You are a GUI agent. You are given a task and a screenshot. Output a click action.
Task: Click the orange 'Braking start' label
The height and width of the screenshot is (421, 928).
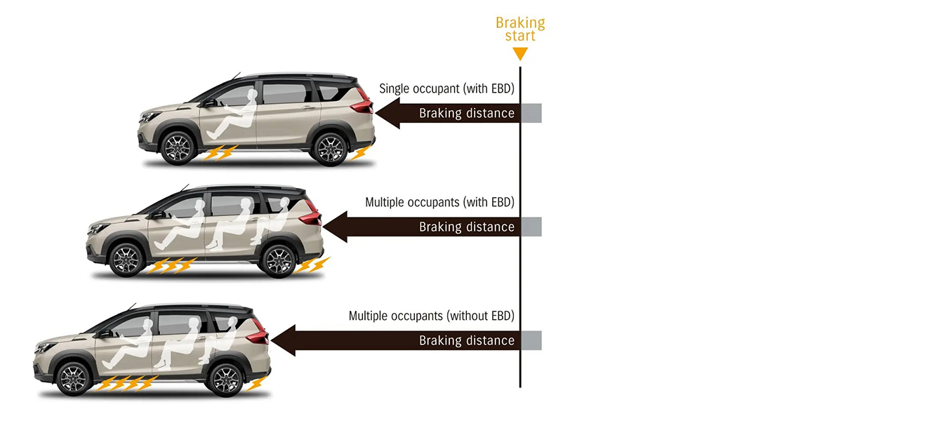coord(520,29)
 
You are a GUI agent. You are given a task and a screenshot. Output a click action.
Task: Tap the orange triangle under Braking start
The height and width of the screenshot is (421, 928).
coord(520,53)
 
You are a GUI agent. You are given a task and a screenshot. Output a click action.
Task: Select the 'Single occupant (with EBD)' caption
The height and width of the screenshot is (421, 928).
coord(446,89)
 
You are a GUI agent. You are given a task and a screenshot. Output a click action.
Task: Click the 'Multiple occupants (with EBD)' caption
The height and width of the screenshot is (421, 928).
coord(439,202)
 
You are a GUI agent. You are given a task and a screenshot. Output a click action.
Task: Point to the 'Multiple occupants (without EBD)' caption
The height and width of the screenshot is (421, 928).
coord(431,316)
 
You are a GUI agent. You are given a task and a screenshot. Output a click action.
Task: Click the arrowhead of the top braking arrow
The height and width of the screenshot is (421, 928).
coord(387,113)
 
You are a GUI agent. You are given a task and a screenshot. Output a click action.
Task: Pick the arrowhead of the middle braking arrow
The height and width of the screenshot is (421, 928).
coord(334,227)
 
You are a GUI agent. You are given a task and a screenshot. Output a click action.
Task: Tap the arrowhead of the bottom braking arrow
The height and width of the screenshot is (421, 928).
coord(281,340)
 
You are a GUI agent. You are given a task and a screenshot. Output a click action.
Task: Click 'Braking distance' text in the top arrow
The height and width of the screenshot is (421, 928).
coord(467,113)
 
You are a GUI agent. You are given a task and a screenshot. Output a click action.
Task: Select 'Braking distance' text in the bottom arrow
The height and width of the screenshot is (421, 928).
coord(467,340)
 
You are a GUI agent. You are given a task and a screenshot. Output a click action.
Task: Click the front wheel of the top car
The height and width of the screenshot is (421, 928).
coord(178,148)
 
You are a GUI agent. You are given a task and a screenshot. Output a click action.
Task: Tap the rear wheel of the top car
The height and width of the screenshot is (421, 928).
coord(329,148)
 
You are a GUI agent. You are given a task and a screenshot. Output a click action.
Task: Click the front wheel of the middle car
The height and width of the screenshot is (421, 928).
coord(126,260)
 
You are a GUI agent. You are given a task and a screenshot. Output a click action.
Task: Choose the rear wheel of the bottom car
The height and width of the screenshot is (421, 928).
coord(225,380)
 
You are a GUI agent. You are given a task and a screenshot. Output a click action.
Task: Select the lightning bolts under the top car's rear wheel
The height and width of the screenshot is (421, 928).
coord(359,153)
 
